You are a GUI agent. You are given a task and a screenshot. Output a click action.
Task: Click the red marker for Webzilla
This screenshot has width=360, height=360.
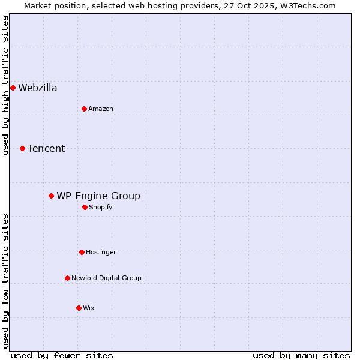[13, 88]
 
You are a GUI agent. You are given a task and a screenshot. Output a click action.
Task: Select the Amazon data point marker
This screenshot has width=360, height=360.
[84, 109]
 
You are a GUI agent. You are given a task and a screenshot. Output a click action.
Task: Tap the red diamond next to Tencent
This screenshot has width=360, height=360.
[22, 148]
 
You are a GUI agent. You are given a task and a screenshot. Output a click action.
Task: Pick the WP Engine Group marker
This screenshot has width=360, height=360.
[51, 196]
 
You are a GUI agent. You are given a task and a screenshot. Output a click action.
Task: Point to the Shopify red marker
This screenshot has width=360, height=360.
[85, 207]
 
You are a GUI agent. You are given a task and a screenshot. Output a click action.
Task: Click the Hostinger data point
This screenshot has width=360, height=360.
[82, 252]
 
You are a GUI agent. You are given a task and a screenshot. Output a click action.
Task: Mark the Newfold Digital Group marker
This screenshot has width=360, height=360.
[67, 278]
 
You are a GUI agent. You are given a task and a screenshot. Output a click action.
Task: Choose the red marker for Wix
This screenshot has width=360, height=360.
[79, 308]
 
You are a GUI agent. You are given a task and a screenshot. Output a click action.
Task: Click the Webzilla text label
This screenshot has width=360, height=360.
[38, 88]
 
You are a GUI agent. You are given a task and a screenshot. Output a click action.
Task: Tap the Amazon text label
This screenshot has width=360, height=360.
[101, 109]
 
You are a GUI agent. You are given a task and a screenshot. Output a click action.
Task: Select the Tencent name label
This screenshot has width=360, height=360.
[46, 149]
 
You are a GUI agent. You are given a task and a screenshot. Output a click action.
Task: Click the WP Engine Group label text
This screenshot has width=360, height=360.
[98, 196]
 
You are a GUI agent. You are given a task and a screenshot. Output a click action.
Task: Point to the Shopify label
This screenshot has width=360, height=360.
[101, 208]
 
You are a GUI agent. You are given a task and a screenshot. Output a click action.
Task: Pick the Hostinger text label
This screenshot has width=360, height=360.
[101, 253]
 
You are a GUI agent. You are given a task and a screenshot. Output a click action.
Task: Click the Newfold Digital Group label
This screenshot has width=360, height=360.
[106, 278]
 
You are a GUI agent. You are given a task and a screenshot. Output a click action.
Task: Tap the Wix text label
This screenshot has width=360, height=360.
[89, 308]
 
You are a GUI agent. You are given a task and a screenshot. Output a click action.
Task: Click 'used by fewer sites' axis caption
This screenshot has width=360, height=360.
[62, 355]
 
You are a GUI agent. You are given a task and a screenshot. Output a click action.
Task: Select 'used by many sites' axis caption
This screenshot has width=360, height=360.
[301, 355]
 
